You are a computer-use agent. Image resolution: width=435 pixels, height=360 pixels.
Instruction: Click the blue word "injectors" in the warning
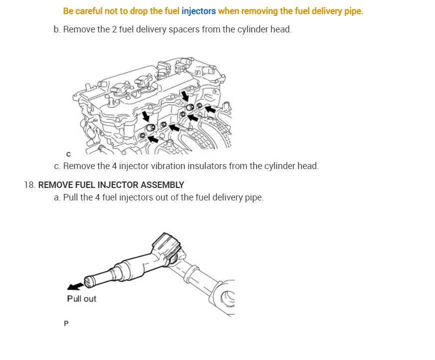[x=199, y=11]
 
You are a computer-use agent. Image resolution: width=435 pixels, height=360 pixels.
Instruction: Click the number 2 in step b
[x=114, y=29]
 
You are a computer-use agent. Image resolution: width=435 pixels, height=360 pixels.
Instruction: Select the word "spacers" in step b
[x=184, y=30]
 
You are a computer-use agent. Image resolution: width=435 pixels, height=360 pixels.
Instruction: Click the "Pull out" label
[x=82, y=299]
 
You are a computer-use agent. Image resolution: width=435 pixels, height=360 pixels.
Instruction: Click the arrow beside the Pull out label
[x=75, y=286]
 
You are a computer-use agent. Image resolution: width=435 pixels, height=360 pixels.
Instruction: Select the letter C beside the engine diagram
[x=68, y=154]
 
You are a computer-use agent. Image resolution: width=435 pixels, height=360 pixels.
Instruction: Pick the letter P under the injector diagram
[x=66, y=324]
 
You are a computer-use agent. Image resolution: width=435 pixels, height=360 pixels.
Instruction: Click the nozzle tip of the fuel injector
[x=89, y=282]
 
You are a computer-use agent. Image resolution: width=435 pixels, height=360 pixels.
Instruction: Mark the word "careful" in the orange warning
[x=89, y=11]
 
